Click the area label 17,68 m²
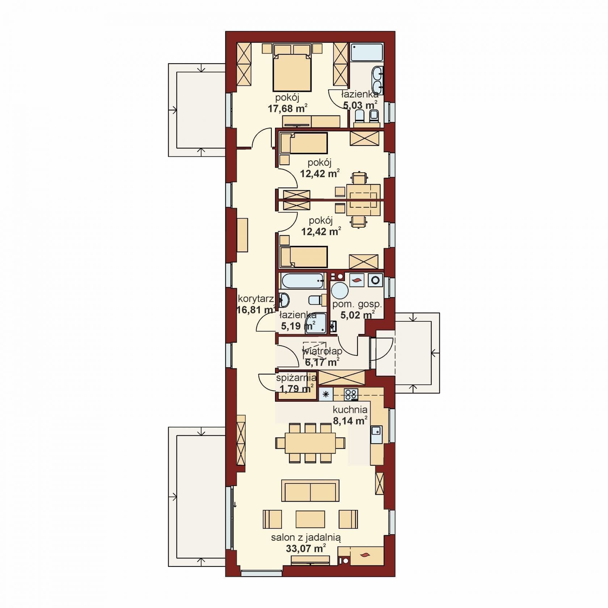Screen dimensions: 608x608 pos(288,108)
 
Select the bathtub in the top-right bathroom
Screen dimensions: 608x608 pos(367,52)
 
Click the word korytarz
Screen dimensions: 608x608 pos(256,299)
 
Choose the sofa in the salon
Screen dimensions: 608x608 pos(311,490)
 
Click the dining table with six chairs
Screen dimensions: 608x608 pos(310,443)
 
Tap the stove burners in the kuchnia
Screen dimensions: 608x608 pos(351,394)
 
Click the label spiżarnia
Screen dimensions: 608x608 pos(296,378)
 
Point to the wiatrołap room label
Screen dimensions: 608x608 pos(322,351)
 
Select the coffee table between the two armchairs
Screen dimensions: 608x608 pos(310,519)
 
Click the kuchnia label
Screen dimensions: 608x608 pos(350,410)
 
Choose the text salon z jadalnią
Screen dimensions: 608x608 pos(306,548)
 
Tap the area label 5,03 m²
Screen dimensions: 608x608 pos(360,105)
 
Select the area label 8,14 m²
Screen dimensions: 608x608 pos(350,421)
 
